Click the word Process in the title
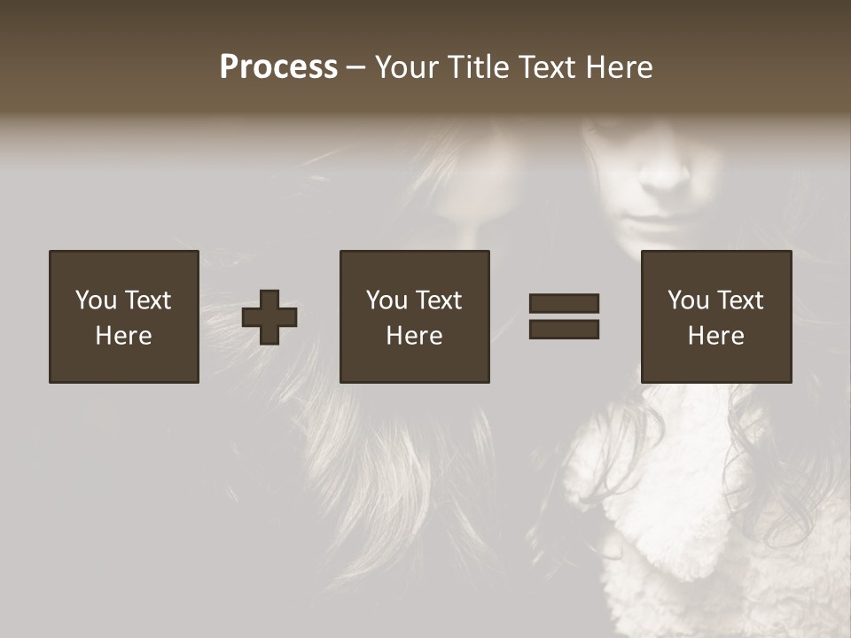(x=278, y=67)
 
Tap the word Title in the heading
(x=479, y=67)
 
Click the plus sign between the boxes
(x=269, y=317)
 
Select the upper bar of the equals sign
(x=564, y=304)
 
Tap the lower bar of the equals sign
(x=564, y=329)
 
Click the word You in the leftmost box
(x=96, y=300)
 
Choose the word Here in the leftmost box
(x=123, y=336)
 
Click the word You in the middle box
(x=386, y=300)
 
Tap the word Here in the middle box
(x=414, y=336)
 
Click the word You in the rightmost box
(x=688, y=300)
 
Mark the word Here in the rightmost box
(x=715, y=336)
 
